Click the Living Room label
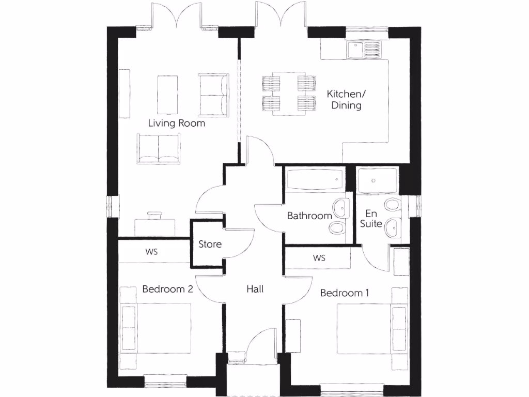point(176,123)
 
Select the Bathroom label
point(309,216)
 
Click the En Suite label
point(372,218)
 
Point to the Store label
point(210,244)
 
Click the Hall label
point(255,289)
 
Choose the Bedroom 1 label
point(345,293)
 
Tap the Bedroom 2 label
point(167,289)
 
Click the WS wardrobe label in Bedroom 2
point(151,252)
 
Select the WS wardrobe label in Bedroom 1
point(319,258)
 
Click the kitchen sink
point(356,50)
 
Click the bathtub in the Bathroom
point(314,180)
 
